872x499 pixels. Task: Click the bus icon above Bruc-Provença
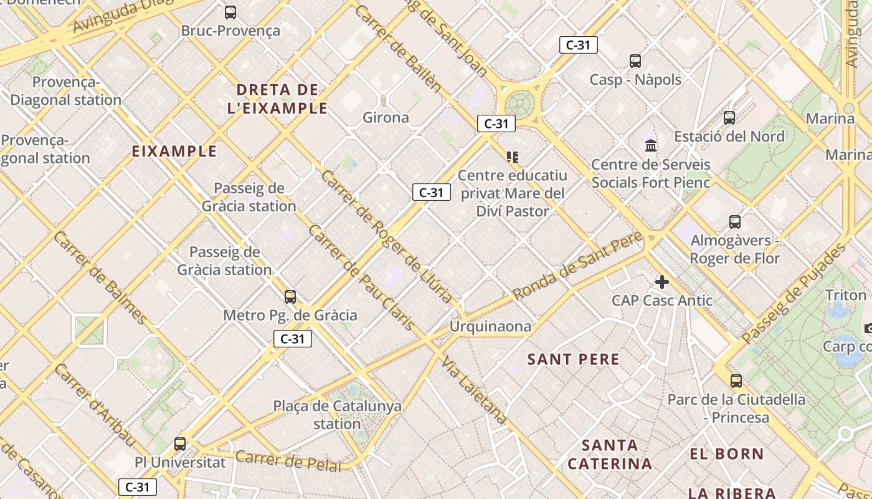[x=230, y=12]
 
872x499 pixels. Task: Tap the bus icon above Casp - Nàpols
[x=635, y=61]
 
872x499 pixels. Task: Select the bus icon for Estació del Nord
[x=729, y=117]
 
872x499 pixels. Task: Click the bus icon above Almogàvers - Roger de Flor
[x=735, y=221]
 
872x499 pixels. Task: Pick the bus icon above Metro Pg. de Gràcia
[x=290, y=297]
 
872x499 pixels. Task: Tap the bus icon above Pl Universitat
[x=180, y=444]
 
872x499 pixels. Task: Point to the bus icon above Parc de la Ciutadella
[x=736, y=380]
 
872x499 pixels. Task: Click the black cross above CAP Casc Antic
[x=661, y=283]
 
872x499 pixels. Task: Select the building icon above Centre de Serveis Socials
[x=651, y=146]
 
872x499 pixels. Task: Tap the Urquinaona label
[x=491, y=326]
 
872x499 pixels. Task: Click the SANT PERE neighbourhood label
[x=574, y=359]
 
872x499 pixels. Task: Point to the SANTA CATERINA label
[x=610, y=455]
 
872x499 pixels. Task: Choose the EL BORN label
[x=727, y=454]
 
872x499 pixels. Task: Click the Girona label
[x=386, y=117]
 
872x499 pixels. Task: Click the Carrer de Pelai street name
[x=288, y=461]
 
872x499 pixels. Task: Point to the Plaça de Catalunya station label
[x=337, y=415]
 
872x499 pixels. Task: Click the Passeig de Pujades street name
[x=794, y=293]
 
